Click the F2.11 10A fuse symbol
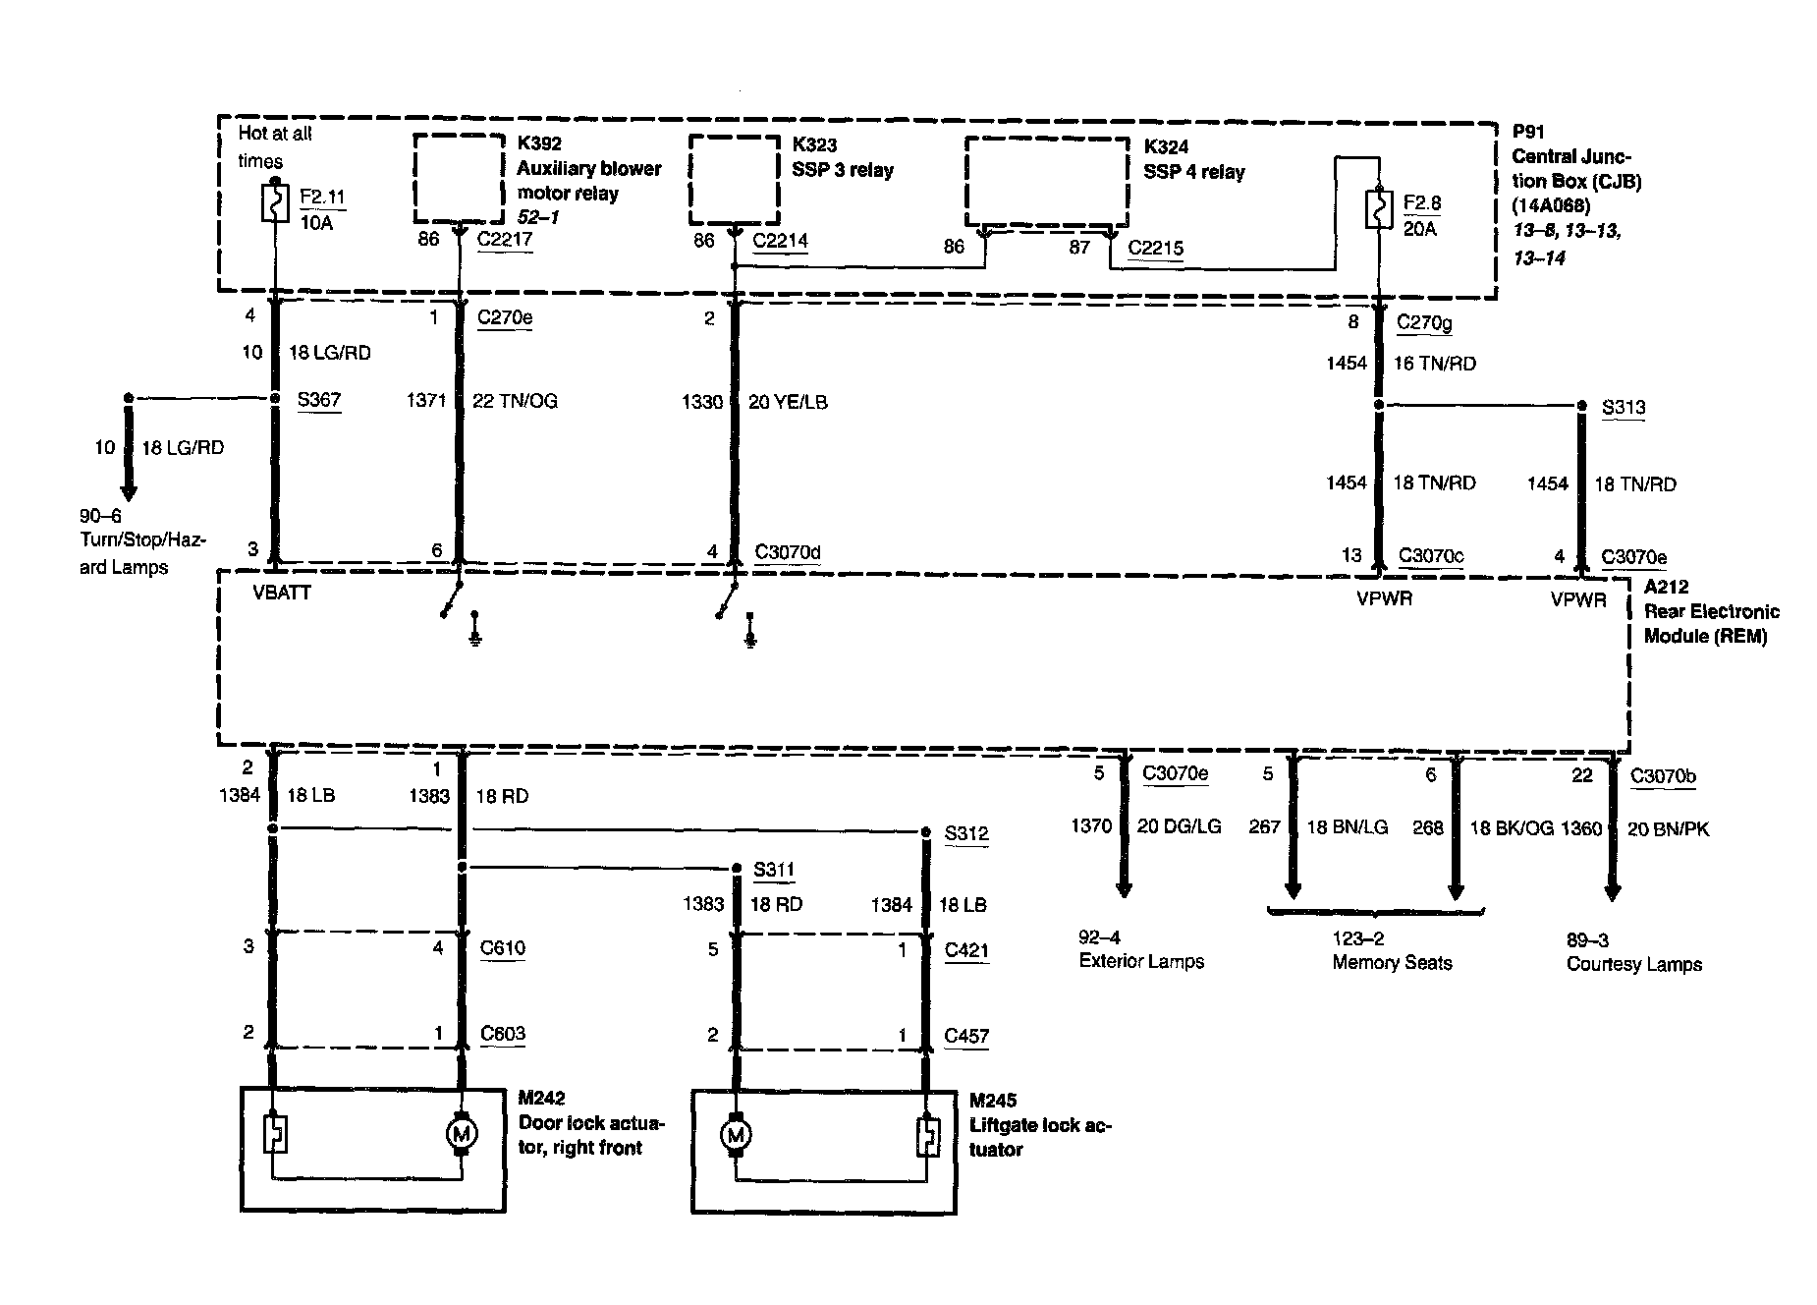[x=275, y=202]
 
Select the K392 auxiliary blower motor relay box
[x=459, y=179]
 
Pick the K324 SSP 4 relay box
[x=1047, y=182]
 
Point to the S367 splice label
[x=318, y=400]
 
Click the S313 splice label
[x=1623, y=408]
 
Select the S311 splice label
[x=774, y=870]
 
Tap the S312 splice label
[x=966, y=834]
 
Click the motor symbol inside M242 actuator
[x=462, y=1135]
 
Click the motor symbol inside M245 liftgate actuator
[x=735, y=1137]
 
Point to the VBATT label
[x=282, y=593]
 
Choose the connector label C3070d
[x=787, y=552]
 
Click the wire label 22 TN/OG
[x=515, y=401]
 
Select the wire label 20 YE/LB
[x=788, y=402]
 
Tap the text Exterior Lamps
[x=1141, y=961]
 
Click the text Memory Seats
[x=1392, y=963]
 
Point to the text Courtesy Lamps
[x=1633, y=964]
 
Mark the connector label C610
[x=502, y=948]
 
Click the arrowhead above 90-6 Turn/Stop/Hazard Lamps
[x=128, y=490]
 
